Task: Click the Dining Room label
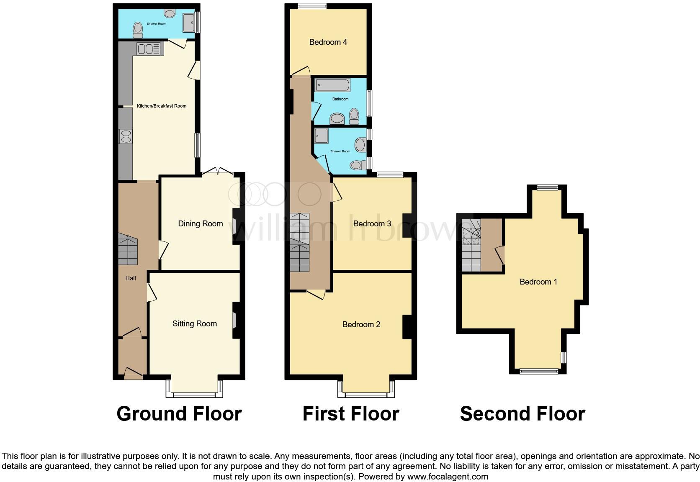[200, 224]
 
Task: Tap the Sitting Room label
[195, 323]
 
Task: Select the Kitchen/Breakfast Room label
[162, 106]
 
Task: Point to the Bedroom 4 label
[328, 42]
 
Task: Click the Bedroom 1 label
[538, 282]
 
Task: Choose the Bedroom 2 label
[361, 324]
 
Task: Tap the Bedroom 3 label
[372, 224]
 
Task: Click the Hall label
[131, 278]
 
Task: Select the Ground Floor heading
[179, 414]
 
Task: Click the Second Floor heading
[522, 414]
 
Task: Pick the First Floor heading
[350, 414]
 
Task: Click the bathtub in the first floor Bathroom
[333, 85]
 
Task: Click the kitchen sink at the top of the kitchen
[148, 49]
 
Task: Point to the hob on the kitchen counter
[125, 136]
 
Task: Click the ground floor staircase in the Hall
[127, 250]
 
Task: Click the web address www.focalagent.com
[448, 477]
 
